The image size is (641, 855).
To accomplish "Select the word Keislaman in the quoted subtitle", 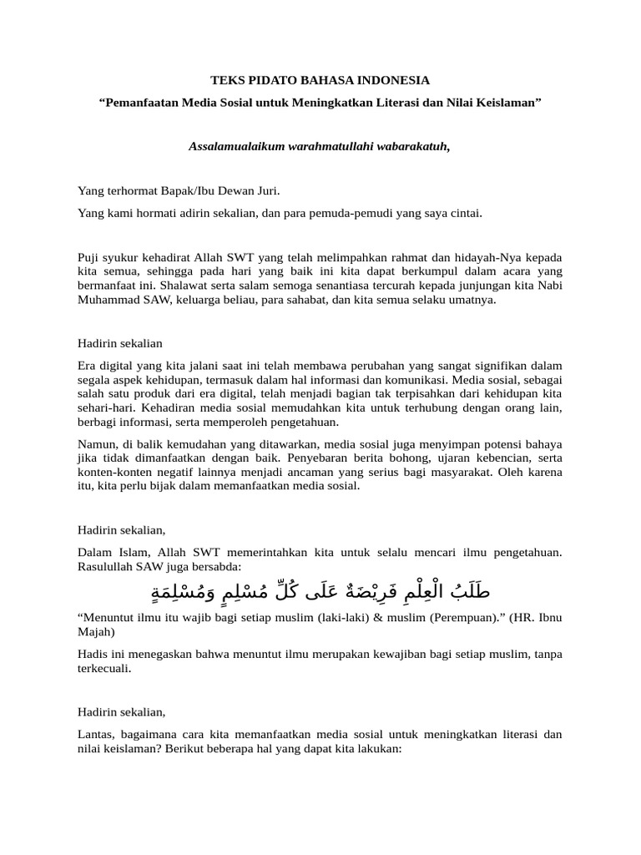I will click(x=511, y=103).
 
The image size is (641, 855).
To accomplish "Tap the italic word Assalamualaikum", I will click(x=228, y=147).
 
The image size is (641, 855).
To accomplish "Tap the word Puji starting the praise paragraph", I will click(x=88, y=258).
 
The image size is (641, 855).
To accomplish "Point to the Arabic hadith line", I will click(x=320, y=592).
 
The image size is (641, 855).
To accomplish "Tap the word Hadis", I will click(x=93, y=655).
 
